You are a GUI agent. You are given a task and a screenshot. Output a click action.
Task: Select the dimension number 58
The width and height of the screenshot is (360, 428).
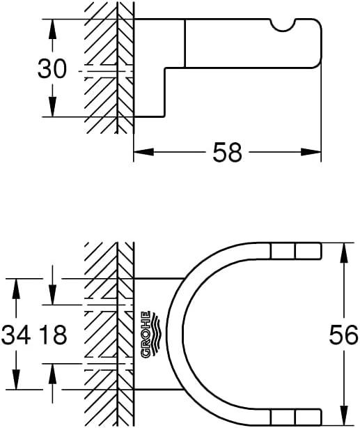pos(226,152)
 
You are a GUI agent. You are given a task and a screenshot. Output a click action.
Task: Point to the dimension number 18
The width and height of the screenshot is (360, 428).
pos(52,335)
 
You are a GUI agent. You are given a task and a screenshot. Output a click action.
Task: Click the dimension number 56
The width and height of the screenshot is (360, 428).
pos(343,335)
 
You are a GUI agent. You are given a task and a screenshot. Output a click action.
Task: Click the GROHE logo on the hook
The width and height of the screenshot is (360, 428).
pos(148,335)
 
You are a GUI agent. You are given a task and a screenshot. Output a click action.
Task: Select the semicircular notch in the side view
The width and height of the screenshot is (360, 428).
pos(284,26)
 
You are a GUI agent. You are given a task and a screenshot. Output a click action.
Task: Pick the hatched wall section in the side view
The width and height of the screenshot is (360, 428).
pos(108,70)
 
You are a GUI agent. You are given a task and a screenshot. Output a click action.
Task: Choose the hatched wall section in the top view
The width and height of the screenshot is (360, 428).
pos(108,335)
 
